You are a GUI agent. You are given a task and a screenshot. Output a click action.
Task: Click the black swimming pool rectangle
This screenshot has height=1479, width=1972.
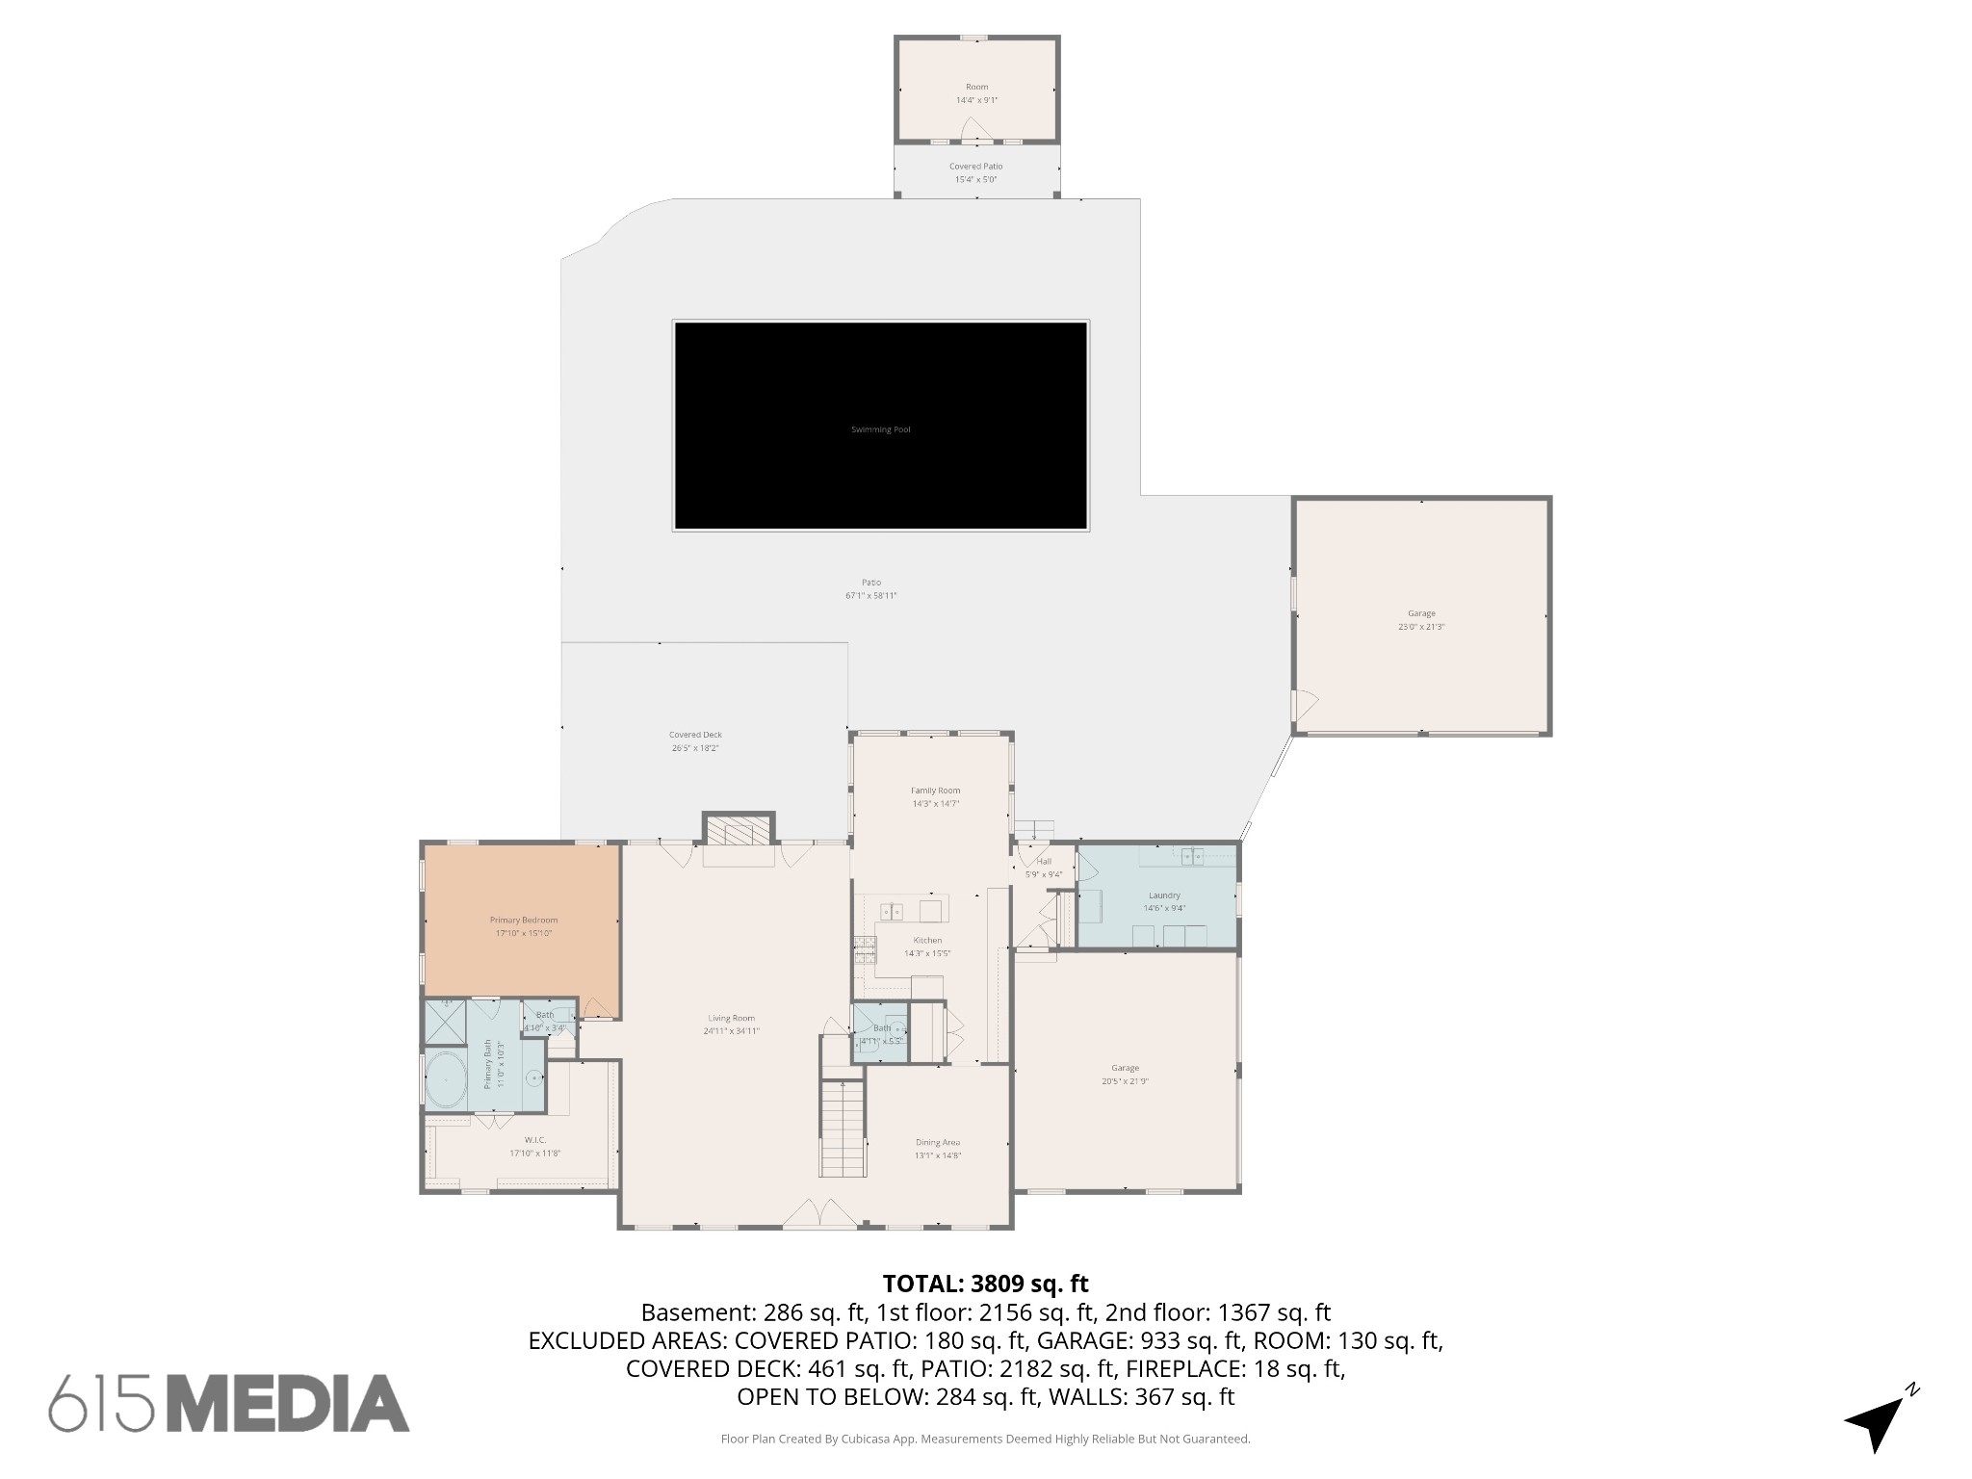tap(881, 426)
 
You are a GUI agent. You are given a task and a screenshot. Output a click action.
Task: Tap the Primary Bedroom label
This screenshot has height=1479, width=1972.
tap(523, 920)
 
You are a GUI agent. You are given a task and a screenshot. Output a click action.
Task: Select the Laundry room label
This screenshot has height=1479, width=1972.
tap(1164, 895)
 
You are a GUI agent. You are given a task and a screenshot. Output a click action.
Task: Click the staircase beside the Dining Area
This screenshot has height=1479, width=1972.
tap(843, 1128)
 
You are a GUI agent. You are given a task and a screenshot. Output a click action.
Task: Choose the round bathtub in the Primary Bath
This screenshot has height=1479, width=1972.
tap(446, 1080)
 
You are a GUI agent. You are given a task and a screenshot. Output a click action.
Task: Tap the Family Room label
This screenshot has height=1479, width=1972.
tap(935, 791)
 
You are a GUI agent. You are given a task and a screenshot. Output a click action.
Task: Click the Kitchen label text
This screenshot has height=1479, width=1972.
tap(927, 940)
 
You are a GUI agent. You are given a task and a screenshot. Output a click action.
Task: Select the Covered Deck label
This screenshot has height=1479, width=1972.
tap(695, 735)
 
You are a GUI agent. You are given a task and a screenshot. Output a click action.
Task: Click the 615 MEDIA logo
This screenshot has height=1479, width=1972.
tap(229, 1403)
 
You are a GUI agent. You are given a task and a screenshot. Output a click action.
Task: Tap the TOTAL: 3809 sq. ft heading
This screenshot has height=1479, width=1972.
tap(985, 1284)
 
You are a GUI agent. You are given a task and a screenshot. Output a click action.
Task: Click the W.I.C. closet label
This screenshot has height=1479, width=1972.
tap(535, 1140)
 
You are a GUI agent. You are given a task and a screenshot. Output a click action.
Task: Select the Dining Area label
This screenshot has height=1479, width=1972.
tap(937, 1142)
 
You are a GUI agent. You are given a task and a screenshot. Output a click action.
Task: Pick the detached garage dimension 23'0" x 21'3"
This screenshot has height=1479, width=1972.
tap(1421, 627)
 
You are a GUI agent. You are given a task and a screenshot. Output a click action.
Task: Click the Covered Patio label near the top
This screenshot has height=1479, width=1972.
tap(975, 167)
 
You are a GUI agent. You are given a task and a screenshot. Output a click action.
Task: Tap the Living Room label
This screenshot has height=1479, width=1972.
tap(731, 1018)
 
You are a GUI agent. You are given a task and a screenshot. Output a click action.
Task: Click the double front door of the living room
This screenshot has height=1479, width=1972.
tap(818, 1215)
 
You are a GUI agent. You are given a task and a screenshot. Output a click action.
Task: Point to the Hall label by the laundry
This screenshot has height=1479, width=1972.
tap(1044, 862)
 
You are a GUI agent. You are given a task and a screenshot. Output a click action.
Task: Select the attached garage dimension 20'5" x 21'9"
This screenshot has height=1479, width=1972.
tap(1125, 1081)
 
